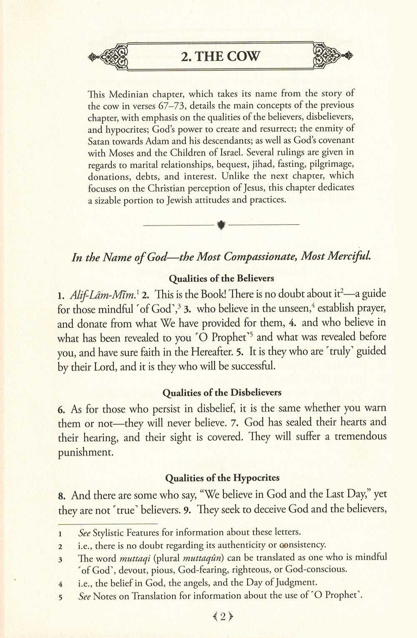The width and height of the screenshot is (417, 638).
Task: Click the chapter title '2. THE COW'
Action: coord(221,56)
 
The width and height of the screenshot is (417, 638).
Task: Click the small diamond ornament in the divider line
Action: coord(221,225)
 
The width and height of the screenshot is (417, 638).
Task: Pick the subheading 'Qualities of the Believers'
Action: coord(221,278)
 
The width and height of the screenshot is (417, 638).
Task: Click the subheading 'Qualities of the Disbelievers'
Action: coord(221,392)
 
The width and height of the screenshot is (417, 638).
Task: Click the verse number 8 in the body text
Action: coord(61,496)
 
